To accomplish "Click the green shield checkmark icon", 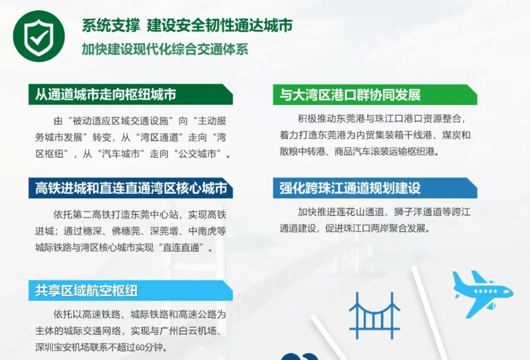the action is click(x=39, y=36).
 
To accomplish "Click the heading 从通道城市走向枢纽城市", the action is click(x=105, y=94).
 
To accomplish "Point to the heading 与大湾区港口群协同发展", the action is click(x=350, y=95).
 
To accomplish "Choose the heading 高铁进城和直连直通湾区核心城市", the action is click(x=131, y=188).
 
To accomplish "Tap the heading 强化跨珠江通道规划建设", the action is click(x=350, y=188).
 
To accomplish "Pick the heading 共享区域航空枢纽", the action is click(x=86, y=290).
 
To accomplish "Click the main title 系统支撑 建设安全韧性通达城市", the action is click(x=187, y=26).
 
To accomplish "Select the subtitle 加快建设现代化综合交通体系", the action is click(x=165, y=49).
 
